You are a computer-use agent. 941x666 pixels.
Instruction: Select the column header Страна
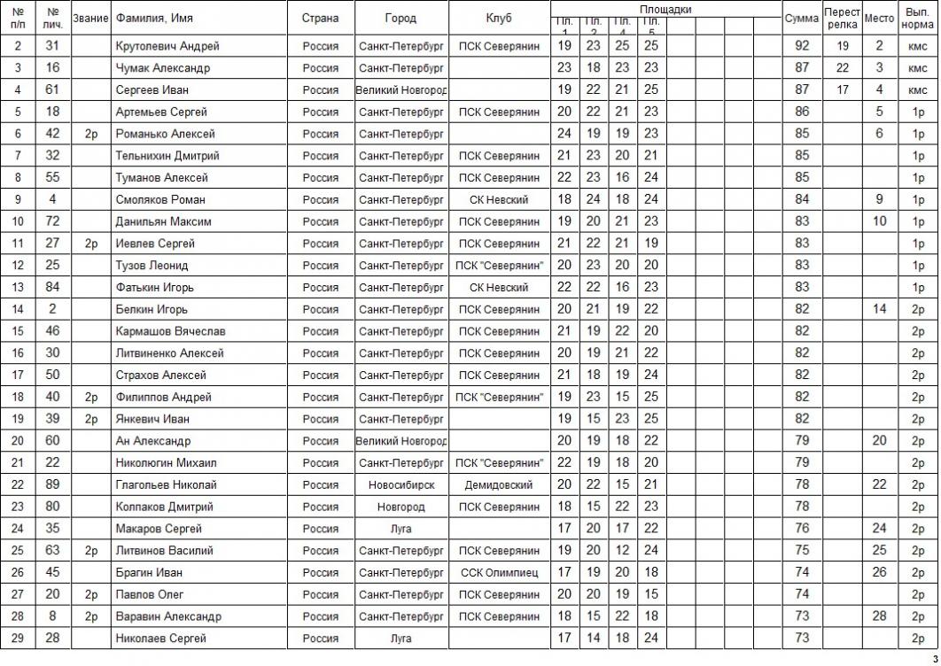pos(320,18)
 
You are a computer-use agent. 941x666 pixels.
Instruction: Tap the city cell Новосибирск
pos(401,485)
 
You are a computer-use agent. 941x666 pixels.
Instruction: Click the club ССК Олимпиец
pos(498,573)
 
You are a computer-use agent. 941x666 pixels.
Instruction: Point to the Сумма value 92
pos(803,46)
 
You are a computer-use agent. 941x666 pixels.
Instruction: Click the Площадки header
pos(665,9)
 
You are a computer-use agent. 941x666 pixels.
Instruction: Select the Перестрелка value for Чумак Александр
pos(843,68)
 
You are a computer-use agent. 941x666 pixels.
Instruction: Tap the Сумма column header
pos(802,18)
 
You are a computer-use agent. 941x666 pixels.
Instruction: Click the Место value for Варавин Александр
pos(879,616)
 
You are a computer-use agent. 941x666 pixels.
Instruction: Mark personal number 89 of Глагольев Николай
pos(53,485)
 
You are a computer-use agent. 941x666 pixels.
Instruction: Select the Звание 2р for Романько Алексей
pos(91,134)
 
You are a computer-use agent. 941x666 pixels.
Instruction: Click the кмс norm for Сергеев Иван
pos(918,89)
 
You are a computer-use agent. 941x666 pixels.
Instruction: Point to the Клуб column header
pos(498,18)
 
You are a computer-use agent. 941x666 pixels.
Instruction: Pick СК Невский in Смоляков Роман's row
pos(498,200)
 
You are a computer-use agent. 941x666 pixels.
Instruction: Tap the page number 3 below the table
pos(934,658)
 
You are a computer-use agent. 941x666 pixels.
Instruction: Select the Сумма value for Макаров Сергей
pos(803,529)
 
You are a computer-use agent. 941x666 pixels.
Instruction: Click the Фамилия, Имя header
pos(154,18)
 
